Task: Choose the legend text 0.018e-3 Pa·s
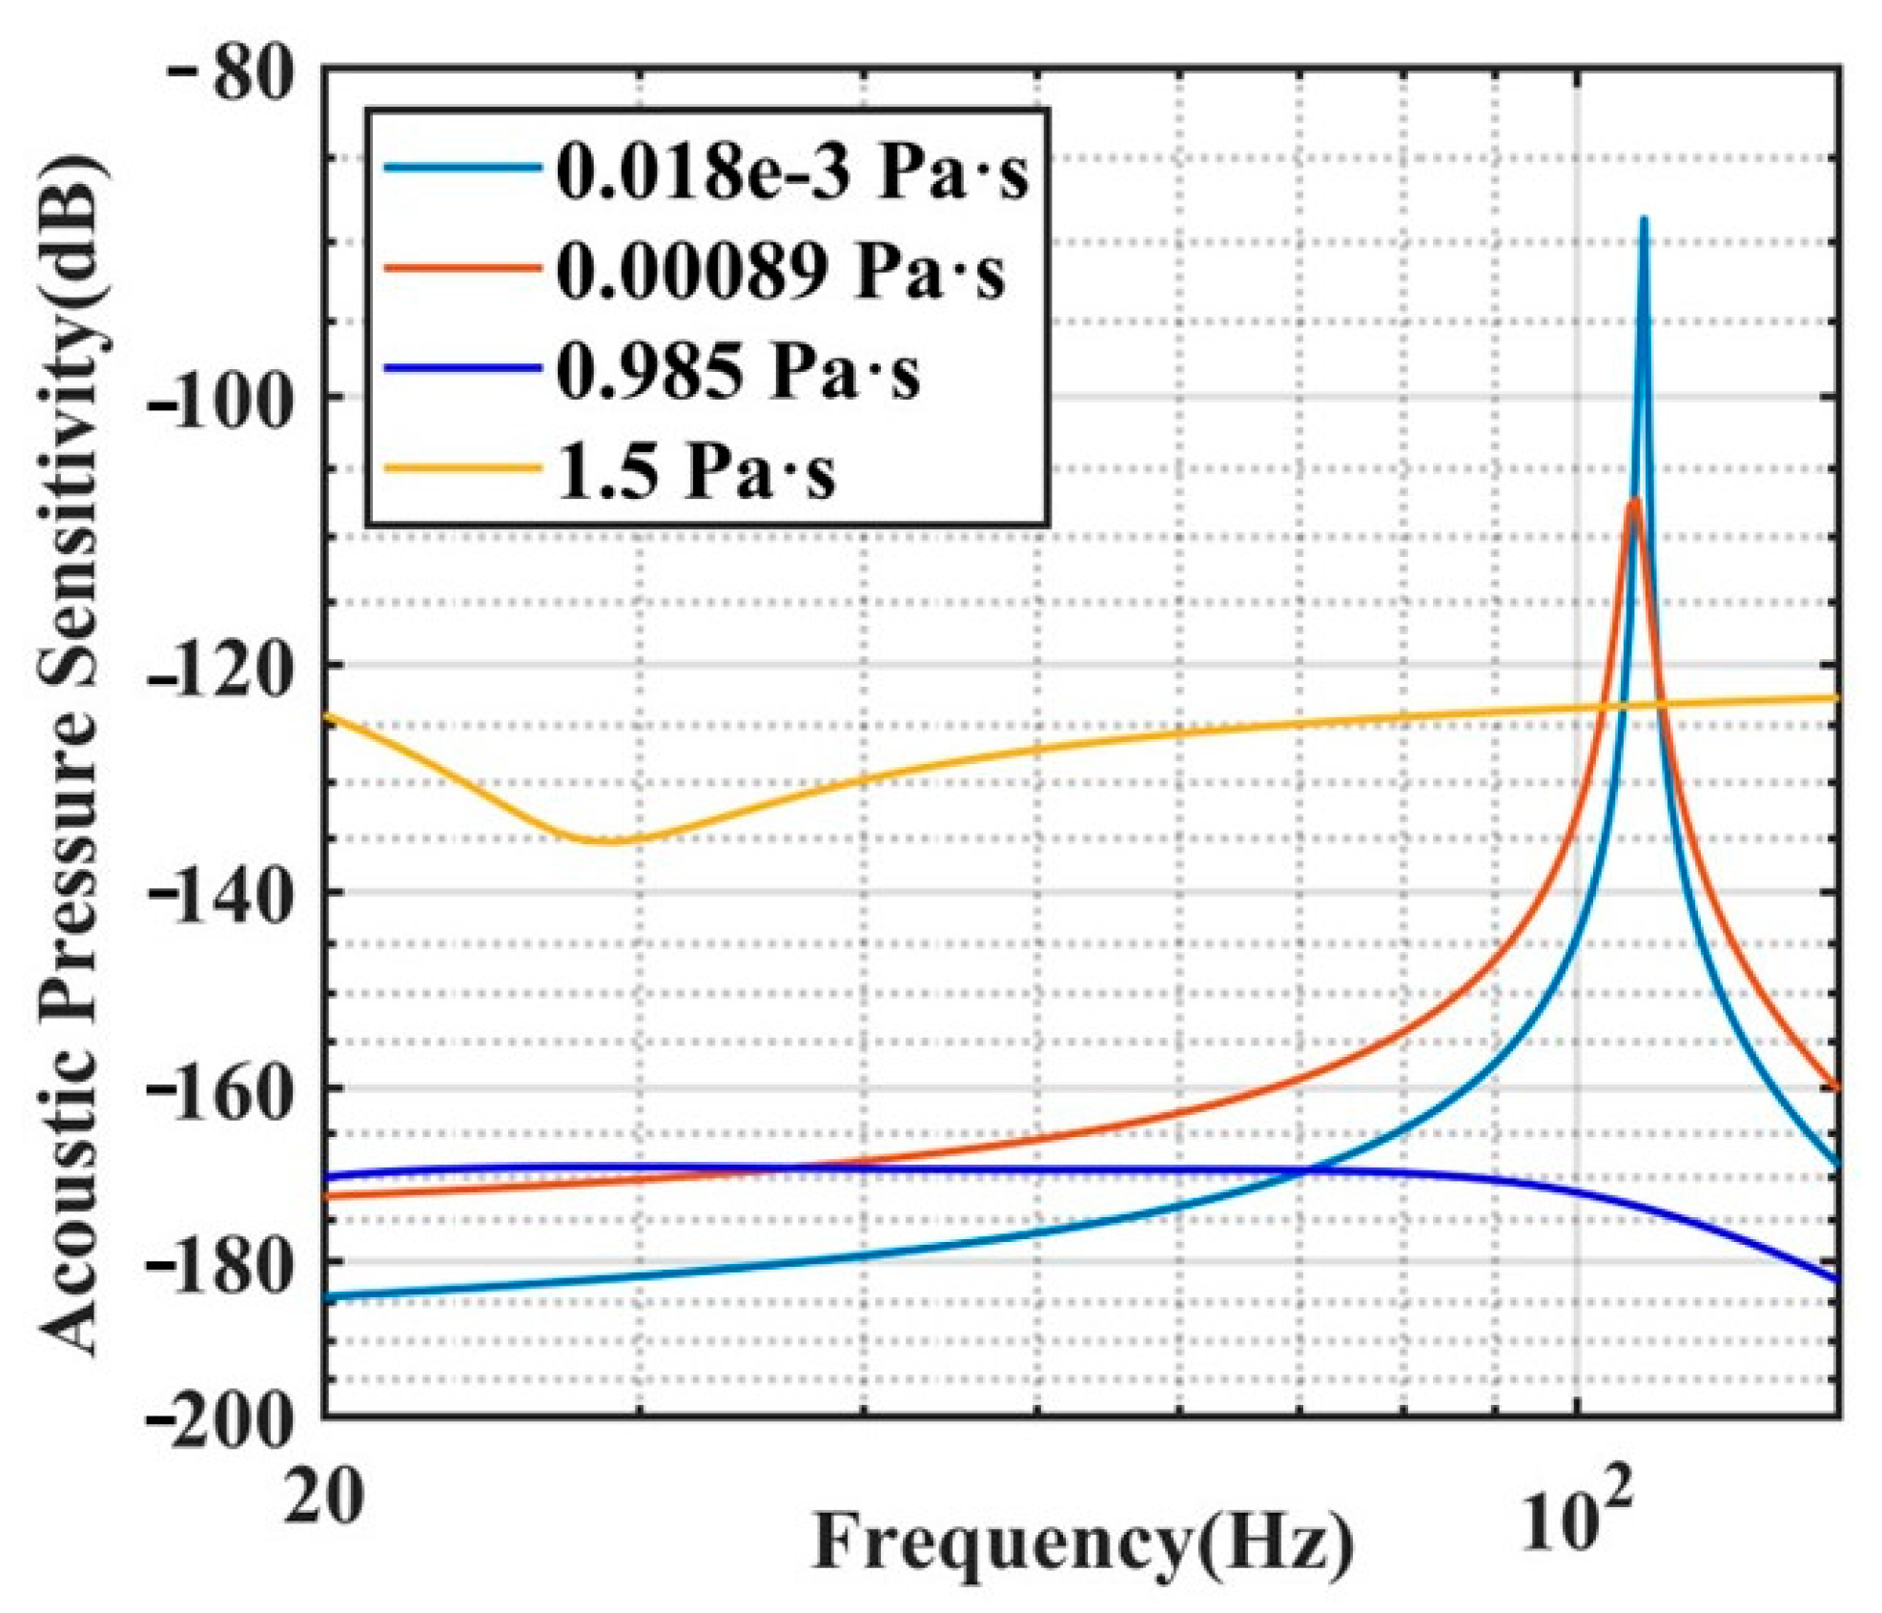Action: (791, 173)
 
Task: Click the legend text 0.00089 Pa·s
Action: (780, 272)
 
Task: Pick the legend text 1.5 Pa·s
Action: (696, 471)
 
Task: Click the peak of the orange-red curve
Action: (1634, 501)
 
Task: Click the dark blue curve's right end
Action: (1836, 1280)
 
